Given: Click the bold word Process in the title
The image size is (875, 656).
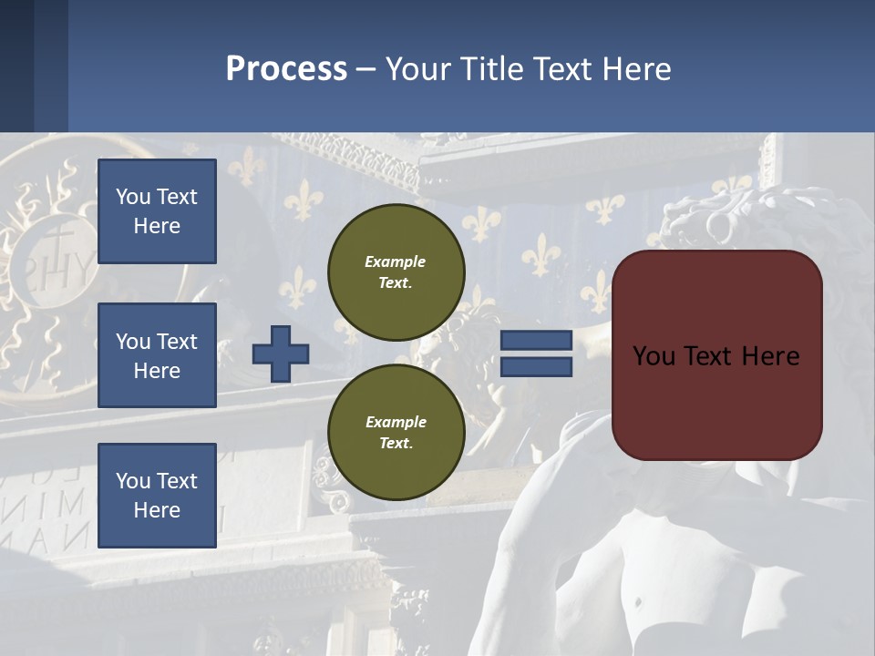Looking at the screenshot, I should (286, 69).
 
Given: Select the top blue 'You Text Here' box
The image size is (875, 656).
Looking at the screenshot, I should (157, 211).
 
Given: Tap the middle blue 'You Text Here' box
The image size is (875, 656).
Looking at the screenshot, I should (157, 355).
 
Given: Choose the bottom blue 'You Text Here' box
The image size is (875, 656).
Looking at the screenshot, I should (157, 495).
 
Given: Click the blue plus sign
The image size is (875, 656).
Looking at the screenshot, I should (281, 354).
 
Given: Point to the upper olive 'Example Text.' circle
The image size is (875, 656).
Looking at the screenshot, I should (396, 272).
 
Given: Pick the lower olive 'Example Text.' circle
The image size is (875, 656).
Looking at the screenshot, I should (396, 432).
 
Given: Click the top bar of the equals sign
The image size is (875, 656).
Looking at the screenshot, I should (536, 341).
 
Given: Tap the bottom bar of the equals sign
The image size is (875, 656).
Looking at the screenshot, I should (536, 366).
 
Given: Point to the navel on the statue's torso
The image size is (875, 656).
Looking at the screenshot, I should (638, 602).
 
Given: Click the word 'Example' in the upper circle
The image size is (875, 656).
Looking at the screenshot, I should (396, 261).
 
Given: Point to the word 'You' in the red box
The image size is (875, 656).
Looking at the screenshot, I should (654, 356).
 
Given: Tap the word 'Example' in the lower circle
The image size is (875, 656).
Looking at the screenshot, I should (396, 422).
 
